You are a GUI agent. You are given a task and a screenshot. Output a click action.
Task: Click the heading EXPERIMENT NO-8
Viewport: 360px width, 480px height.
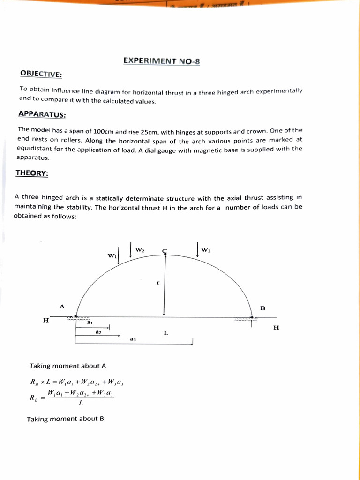(162, 60)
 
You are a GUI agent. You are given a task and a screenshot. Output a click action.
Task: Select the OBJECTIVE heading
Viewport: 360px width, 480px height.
(41, 74)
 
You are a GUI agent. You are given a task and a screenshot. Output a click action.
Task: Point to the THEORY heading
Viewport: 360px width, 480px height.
(32, 173)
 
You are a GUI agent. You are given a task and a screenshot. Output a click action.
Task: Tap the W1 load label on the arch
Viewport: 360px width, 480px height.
(112, 256)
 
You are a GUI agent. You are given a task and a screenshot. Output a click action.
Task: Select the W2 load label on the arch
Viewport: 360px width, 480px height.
(140, 250)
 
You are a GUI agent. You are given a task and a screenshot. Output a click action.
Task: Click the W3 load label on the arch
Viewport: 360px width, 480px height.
(206, 250)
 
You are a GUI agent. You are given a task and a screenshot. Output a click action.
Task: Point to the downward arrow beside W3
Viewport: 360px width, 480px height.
(198, 250)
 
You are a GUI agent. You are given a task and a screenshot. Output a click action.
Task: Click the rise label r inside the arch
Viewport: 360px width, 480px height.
(158, 283)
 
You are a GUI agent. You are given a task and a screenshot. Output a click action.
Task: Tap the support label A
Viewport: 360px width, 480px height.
(61, 306)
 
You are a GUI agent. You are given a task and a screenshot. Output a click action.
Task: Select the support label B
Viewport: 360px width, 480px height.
(262, 308)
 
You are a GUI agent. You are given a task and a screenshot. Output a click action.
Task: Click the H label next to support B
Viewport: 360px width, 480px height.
(276, 328)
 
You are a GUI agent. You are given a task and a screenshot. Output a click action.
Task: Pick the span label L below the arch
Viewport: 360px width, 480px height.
(166, 333)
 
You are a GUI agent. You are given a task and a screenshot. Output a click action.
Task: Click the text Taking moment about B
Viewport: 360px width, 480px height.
(65, 419)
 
